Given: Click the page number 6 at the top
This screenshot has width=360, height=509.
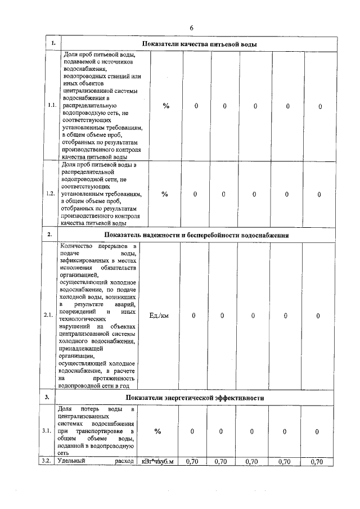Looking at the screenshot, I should coord(191,28).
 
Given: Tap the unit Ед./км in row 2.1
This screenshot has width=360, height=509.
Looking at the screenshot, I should coord(159,316).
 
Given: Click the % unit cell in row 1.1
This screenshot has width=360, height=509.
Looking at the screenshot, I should coord(166,106).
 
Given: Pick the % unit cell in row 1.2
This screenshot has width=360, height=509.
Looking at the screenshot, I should coord(165,194).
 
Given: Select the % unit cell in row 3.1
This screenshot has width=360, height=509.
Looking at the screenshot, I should coord(158,431).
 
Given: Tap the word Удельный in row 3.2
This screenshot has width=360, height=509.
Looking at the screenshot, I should coord(72,462).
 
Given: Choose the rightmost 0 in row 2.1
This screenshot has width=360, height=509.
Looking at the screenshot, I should coord(318,316).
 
